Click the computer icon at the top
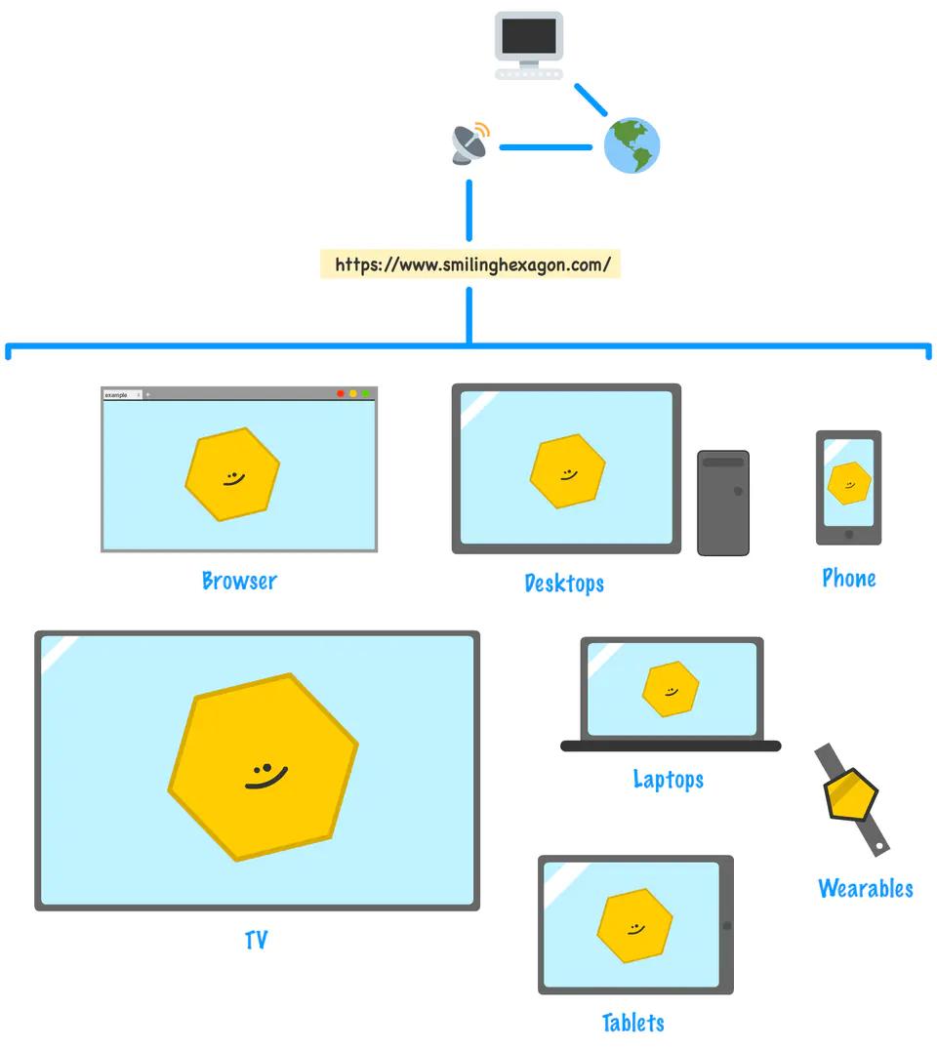528,45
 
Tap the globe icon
631,146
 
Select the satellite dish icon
469,144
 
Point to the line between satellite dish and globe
546,147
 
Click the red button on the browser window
341,393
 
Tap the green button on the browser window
366,393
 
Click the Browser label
239,582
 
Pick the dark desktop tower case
723,503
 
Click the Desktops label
564,584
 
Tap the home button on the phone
848,534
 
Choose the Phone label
848,579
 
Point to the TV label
256,941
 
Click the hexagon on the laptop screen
671,689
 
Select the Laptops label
669,780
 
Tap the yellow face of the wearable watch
851,794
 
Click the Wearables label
865,889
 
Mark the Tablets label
633,1023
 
